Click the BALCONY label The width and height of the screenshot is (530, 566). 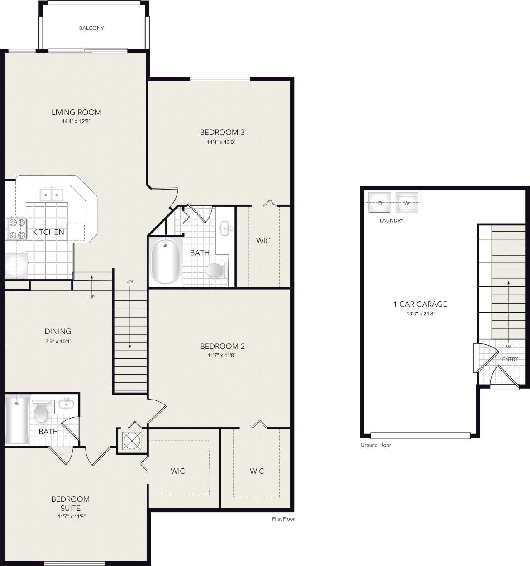pyautogui.click(x=91, y=28)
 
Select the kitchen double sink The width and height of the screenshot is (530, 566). pyautogui.click(x=51, y=195)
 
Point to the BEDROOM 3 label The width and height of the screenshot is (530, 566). pyautogui.click(x=222, y=133)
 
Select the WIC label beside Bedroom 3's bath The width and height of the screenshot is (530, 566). pyautogui.click(x=263, y=241)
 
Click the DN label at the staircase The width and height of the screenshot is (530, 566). pyautogui.click(x=130, y=281)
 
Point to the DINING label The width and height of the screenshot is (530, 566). pyautogui.click(x=58, y=332)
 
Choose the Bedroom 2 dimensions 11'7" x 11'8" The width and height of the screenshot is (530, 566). pyautogui.click(x=222, y=356)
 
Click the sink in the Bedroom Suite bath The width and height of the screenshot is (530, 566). pyautogui.click(x=66, y=404)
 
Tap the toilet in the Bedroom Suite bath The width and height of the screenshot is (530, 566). pyautogui.click(x=41, y=412)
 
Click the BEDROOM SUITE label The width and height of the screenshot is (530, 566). pyautogui.click(x=70, y=504)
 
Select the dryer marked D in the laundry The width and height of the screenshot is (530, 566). pyautogui.click(x=380, y=203)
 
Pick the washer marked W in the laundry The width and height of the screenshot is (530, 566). pyautogui.click(x=406, y=203)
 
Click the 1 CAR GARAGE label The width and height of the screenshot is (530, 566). pyautogui.click(x=420, y=304)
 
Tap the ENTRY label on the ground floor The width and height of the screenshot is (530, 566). pyautogui.click(x=510, y=359)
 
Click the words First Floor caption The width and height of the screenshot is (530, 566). pyautogui.click(x=283, y=519)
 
